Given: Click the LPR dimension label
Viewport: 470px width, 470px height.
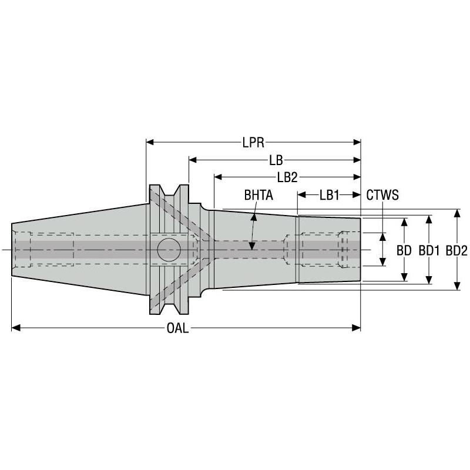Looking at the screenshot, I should (253, 142).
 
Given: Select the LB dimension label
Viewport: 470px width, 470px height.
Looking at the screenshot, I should (274, 160).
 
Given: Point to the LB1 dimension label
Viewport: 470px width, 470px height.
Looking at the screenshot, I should (329, 195).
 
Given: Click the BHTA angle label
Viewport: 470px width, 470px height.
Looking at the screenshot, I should (258, 195).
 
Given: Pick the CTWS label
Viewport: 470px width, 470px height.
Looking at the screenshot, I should (382, 195).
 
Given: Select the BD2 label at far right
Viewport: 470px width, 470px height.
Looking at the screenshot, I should (456, 250).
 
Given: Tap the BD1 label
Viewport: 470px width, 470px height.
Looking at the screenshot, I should (429, 250).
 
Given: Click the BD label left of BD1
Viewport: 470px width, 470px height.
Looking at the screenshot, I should (404, 250).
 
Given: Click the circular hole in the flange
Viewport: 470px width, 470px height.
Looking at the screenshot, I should (168, 250).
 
